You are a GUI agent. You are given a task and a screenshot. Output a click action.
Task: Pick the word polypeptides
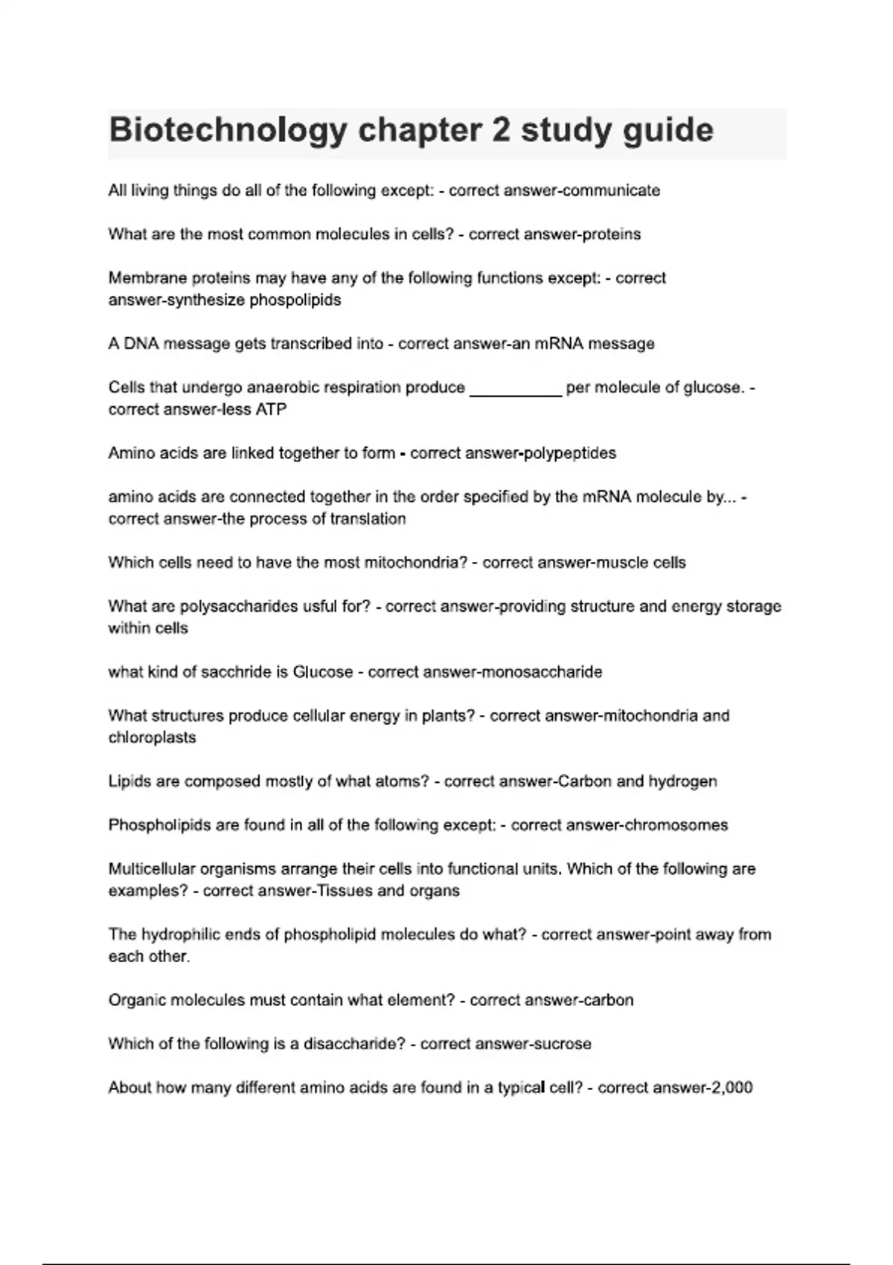point(570,453)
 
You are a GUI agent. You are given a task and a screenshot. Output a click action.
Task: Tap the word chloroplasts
point(153,737)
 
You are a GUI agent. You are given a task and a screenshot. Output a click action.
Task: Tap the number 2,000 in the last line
point(732,1088)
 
